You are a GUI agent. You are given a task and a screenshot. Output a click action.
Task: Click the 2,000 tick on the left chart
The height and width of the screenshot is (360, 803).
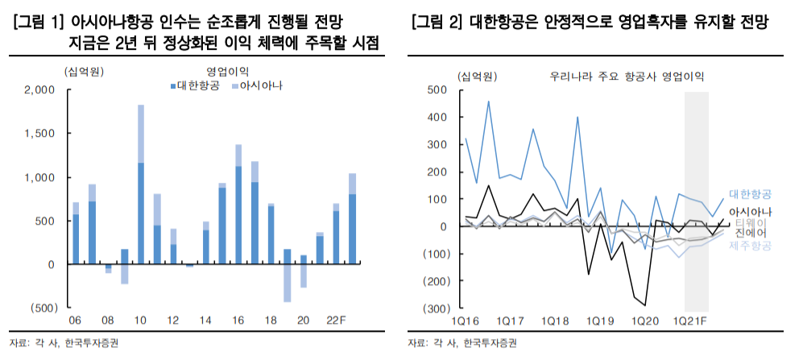pyautogui.click(x=39, y=90)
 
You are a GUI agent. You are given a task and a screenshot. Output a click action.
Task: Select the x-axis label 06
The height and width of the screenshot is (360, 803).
pyautogui.click(x=76, y=321)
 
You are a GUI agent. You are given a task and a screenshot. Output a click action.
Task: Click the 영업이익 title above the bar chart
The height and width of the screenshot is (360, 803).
pyautogui.click(x=228, y=71)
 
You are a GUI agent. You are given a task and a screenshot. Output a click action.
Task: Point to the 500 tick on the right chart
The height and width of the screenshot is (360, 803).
pyautogui.click(x=437, y=90)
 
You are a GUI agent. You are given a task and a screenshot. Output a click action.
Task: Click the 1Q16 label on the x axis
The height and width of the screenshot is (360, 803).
pyautogui.click(x=466, y=321)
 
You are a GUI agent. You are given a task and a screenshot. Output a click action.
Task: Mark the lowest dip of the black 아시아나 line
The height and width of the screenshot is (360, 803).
pyautogui.click(x=646, y=306)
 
